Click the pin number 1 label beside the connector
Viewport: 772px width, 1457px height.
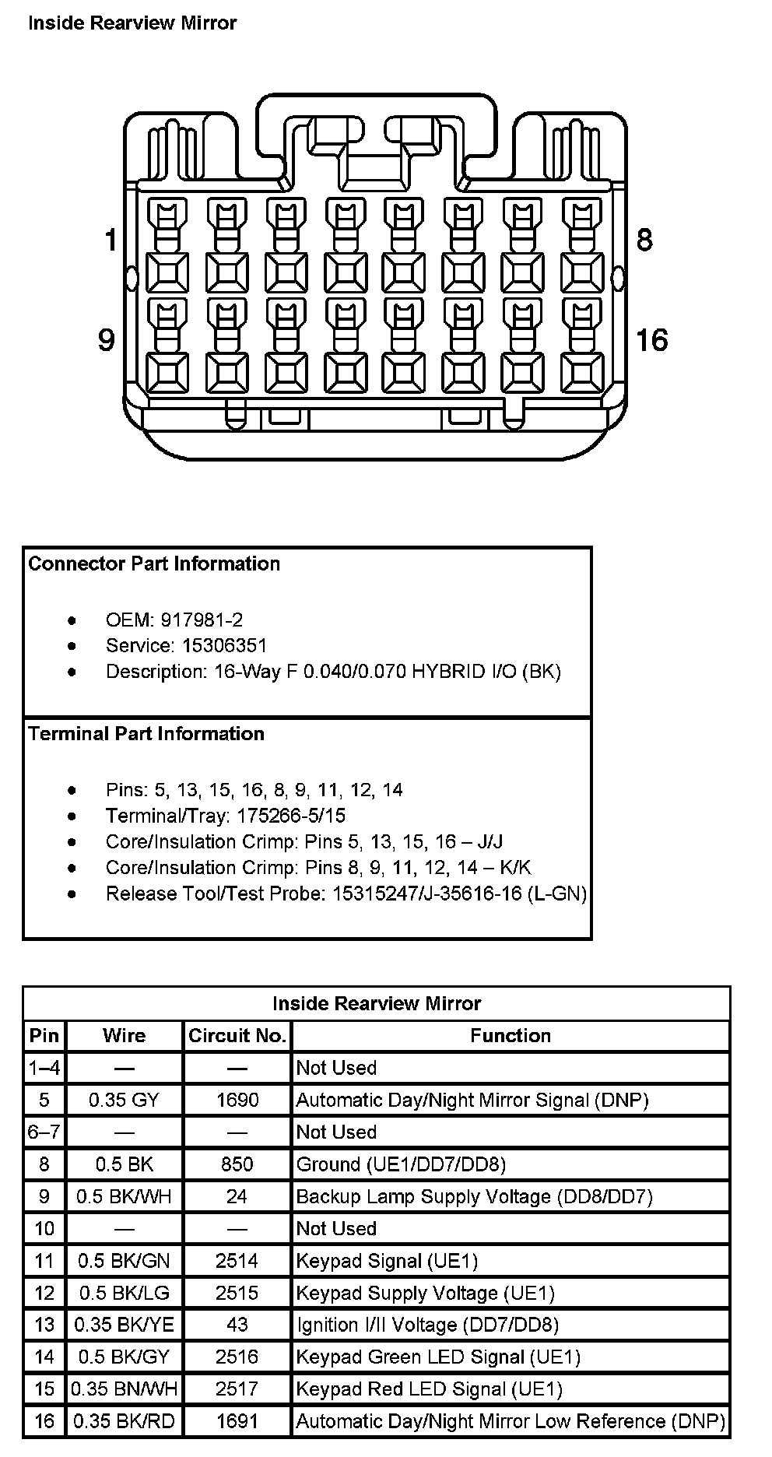(111, 240)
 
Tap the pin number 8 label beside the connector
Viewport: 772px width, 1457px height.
(644, 240)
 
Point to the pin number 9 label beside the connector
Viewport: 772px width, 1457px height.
(107, 340)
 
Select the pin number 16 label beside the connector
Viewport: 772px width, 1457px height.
(651, 340)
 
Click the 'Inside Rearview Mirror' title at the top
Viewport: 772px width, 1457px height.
(132, 23)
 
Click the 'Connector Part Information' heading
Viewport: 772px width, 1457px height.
(154, 563)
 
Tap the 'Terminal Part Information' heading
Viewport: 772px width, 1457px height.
(146, 734)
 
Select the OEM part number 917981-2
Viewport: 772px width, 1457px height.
(202, 620)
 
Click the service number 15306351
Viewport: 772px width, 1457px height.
(224, 645)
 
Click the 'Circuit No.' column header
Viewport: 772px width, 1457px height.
(237, 1036)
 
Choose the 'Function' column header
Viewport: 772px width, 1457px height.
(511, 1036)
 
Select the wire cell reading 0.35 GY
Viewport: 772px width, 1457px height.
(124, 1100)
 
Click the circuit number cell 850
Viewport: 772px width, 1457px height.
(237, 1164)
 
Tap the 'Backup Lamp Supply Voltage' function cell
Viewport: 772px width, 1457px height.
(474, 1196)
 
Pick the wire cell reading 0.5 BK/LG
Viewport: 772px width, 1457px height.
(124, 1293)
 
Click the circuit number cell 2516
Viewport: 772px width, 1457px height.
(237, 1357)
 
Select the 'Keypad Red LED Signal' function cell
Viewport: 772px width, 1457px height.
(429, 1389)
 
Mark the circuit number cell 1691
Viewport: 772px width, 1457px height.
(237, 1421)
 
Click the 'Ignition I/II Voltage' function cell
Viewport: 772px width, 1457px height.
(427, 1325)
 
